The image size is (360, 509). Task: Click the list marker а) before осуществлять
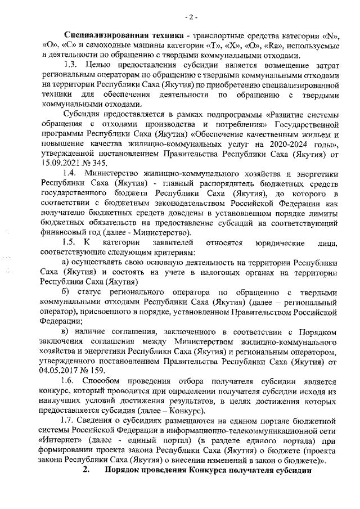coord(65,263)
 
